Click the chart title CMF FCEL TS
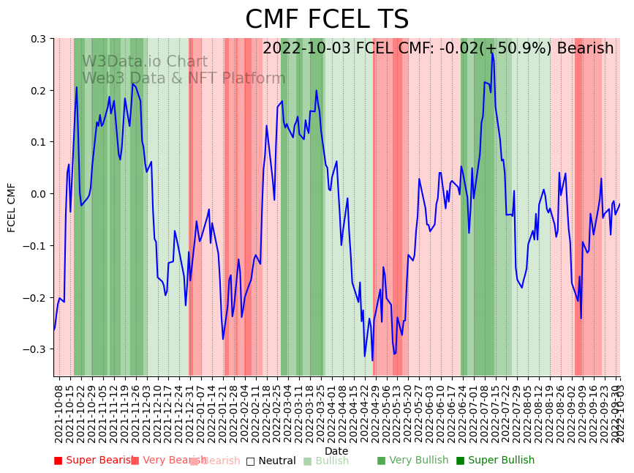click(x=326, y=20)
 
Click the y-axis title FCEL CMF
click(x=12, y=207)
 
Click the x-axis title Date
click(x=336, y=451)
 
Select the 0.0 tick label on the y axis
click(x=38, y=194)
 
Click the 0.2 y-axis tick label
click(x=38, y=91)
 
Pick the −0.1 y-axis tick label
click(x=35, y=246)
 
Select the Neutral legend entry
click(x=271, y=461)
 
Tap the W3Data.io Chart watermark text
click(x=145, y=62)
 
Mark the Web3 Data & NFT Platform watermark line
click(x=184, y=78)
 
